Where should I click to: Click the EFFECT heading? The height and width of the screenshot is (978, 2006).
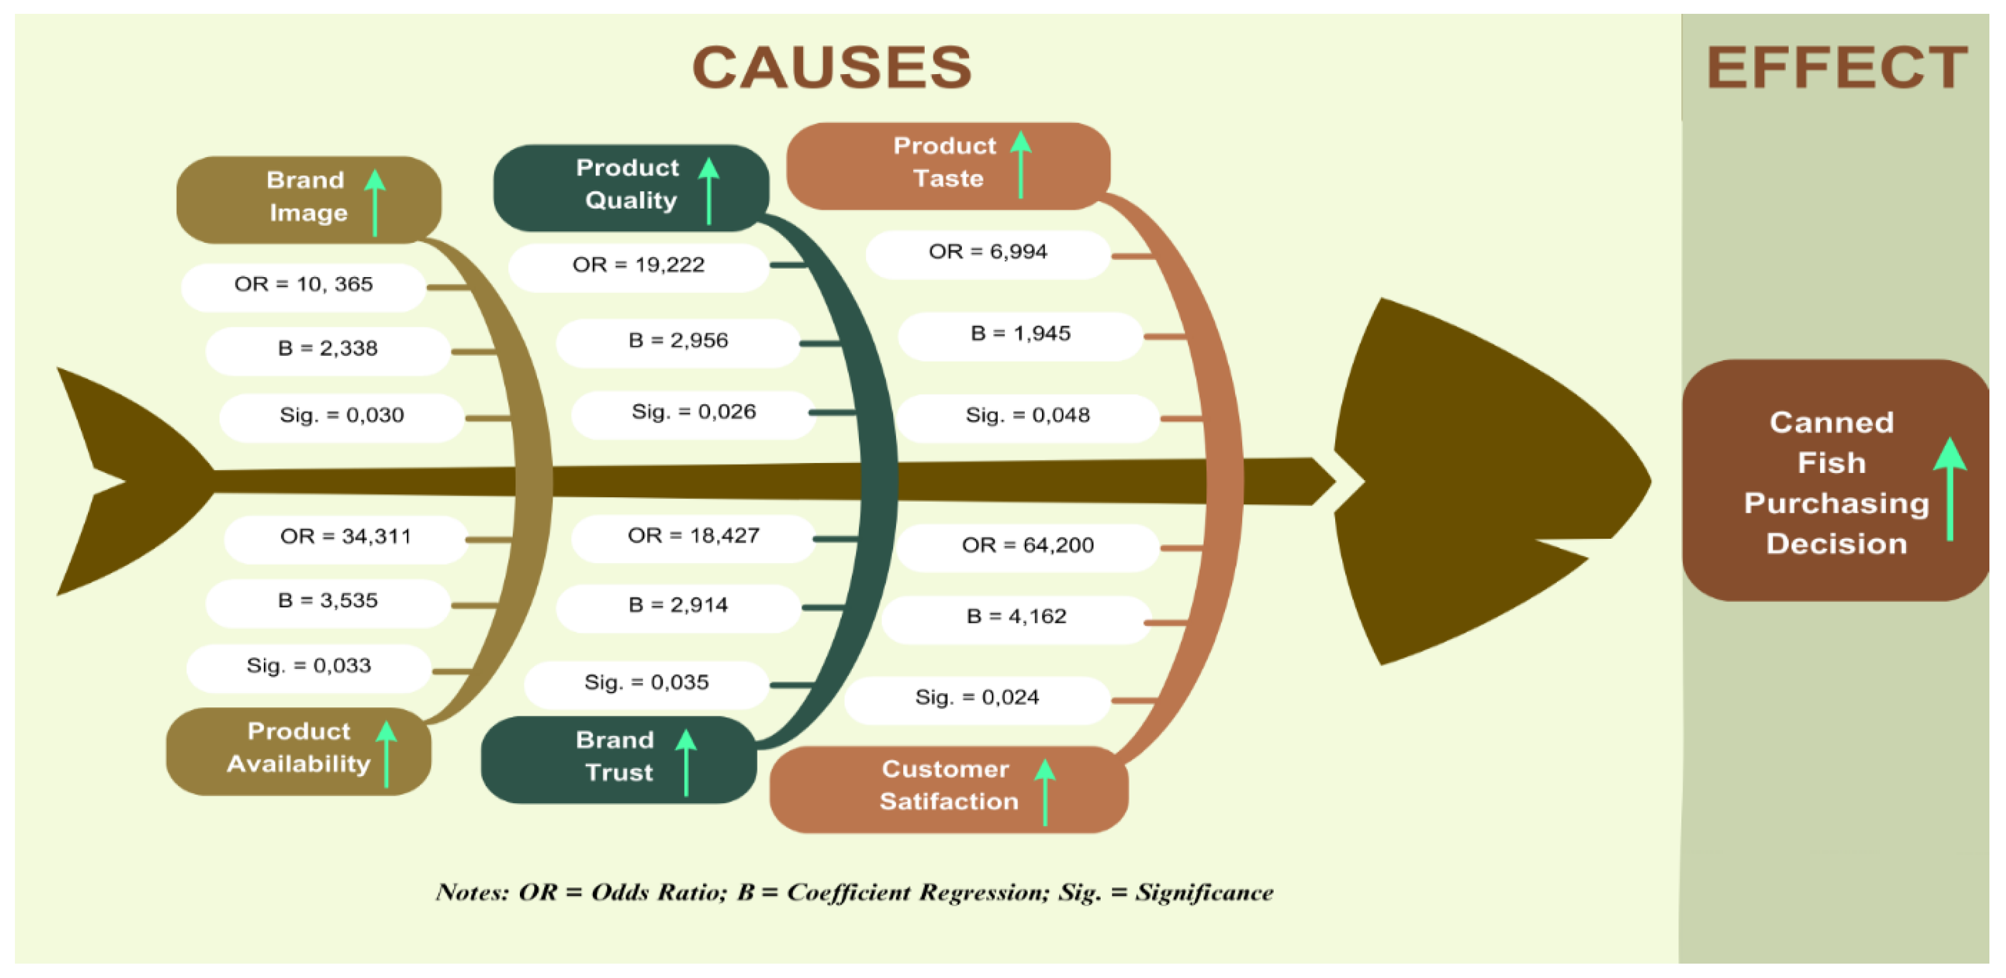coord(1836,69)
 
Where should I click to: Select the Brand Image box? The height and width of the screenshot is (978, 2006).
coord(309,199)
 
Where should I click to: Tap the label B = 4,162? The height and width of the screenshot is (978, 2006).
coord(1015,617)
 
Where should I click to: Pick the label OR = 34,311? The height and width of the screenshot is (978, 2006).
coord(345,537)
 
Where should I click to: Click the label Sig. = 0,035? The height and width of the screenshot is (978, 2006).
coord(647,683)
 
